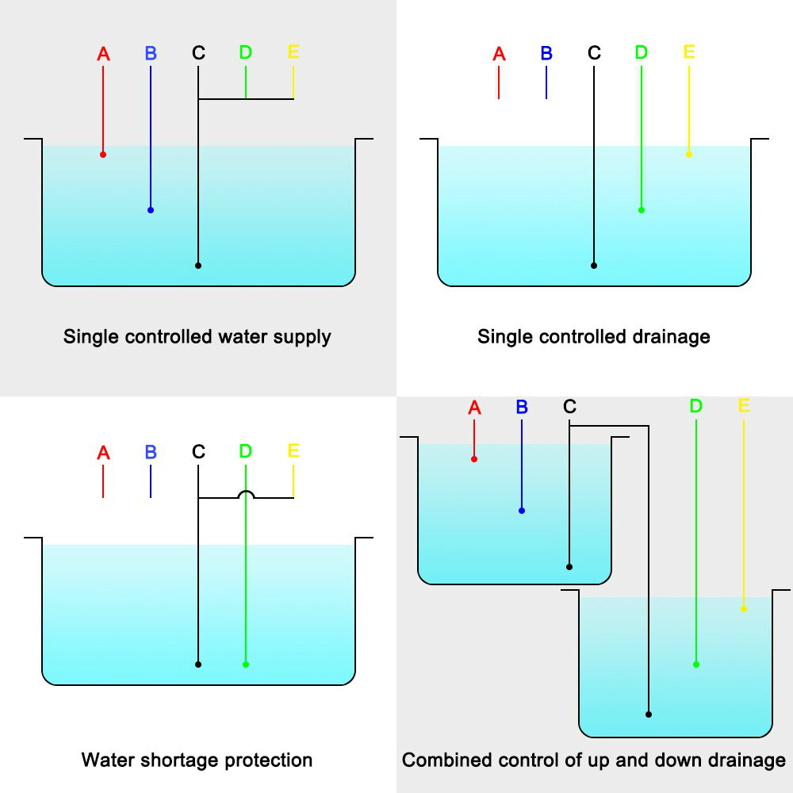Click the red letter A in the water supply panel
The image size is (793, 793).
click(x=103, y=54)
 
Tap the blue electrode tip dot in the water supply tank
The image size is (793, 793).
click(x=151, y=210)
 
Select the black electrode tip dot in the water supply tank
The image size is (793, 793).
click(x=198, y=266)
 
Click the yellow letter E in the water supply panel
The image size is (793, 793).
click(x=293, y=52)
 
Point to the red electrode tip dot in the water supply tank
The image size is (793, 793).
click(x=103, y=155)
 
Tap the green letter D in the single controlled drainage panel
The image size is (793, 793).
click(x=642, y=52)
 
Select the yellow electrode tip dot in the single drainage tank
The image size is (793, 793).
click(x=688, y=155)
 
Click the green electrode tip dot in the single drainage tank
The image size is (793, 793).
click(x=642, y=210)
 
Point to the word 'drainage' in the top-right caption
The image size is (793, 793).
click(x=673, y=337)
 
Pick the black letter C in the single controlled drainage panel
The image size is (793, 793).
click(x=594, y=54)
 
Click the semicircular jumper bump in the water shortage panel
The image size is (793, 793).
click(x=246, y=494)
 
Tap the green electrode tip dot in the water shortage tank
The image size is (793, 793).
click(x=246, y=665)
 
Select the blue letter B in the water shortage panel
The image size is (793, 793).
click(x=151, y=452)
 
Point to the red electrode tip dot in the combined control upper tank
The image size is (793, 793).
click(x=474, y=459)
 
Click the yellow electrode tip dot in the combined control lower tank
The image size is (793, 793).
click(x=743, y=609)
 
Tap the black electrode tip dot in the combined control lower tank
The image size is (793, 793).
click(x=649, y=714)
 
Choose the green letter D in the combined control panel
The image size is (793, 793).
click(x=695, y=407)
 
